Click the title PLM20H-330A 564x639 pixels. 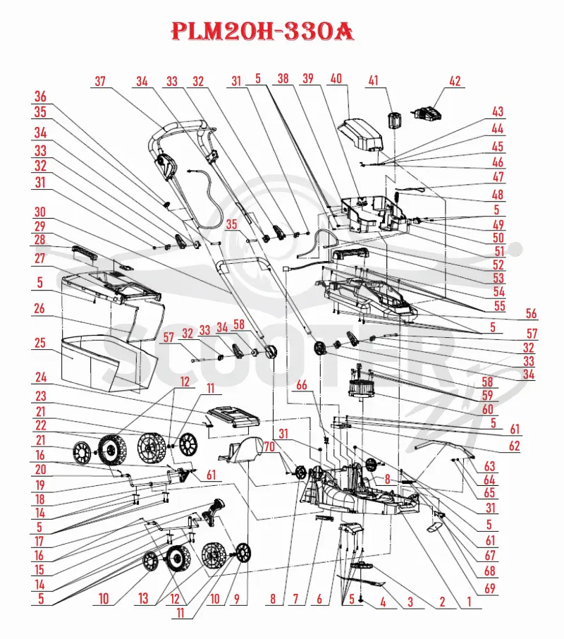[263, 31]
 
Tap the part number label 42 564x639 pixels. [455, 80]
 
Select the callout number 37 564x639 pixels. [100, 80]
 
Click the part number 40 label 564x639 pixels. [336, 78]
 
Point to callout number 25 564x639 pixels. [40, 343]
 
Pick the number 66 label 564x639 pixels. [302, 384]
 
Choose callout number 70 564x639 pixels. [269, 446]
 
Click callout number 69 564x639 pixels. [490, 588]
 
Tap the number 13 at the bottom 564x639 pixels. [143, 598]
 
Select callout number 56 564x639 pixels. [531, 313]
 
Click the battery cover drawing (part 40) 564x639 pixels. [361, 135]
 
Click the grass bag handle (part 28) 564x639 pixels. [85, 253]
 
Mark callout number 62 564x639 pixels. [515, 446]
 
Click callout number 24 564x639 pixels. [41, 377]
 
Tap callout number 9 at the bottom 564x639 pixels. [237, 598]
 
